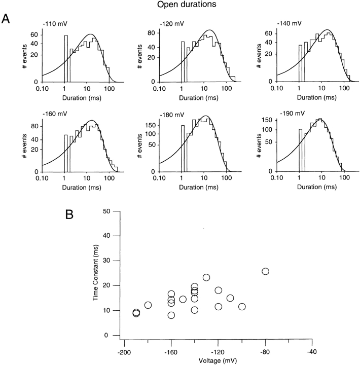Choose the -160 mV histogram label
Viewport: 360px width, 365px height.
pyautogui.click(x=51, y=115)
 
